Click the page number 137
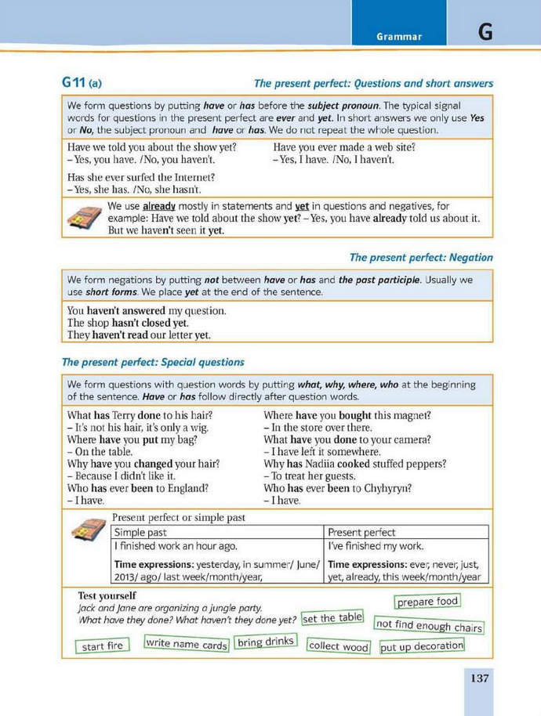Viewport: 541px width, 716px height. coord(479,678)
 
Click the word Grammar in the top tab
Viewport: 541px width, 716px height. coord(398,36)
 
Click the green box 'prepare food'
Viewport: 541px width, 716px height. coord(427,602)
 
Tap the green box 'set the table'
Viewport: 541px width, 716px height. coord(332,618)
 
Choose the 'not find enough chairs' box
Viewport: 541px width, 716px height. coord(428,626)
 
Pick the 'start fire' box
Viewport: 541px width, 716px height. coord(103,646)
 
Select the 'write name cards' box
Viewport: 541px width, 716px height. coord(186,645)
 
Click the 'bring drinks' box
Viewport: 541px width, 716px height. coord(266,642)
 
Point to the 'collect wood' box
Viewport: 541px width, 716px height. coord(338,646)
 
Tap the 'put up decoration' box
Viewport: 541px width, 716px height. coord(422,647)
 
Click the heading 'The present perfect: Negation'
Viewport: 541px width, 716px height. coord(421,257)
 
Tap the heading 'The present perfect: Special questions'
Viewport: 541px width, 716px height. coord(153,362)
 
